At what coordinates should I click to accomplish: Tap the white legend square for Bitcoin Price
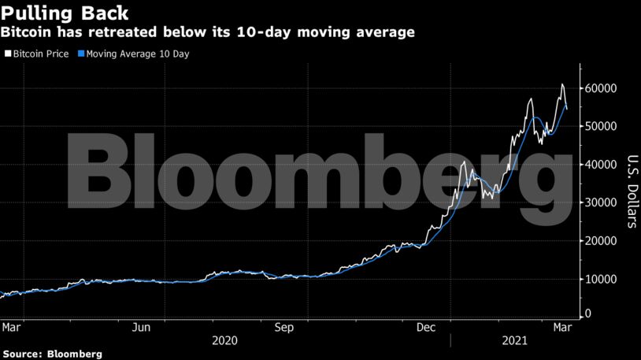pyautogui.click(x=7, y=54)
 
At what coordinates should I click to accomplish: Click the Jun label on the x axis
pyautogui.click(x=142, y=326)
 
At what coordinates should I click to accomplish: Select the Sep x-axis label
pyautogui.click(x=283, y=326)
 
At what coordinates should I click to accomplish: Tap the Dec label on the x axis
pyautogui.click(x=425, y=326)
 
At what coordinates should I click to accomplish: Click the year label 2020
pyautogui.click(x=224, y=341)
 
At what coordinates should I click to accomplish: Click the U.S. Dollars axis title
pyautogui.click(x=630, y=189)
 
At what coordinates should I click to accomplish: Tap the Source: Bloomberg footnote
pyautogui.click(x=52, y=354)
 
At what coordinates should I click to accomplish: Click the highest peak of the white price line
pyautogui.click(x=561, y=84)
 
